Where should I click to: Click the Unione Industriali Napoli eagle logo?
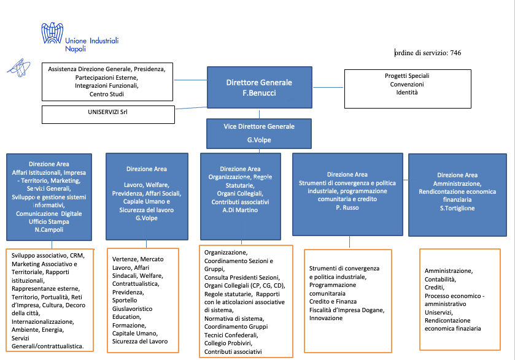(53, 38)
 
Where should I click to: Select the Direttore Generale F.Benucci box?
(259, 88)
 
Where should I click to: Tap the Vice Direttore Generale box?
(258, 132)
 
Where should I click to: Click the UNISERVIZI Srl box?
(108, 113)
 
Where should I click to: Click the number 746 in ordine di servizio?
(455, 53)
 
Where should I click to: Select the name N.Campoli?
(48, 229)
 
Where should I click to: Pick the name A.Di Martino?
(241, 210)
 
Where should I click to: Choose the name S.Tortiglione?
(456, 209)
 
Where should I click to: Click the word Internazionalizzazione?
(42, 321)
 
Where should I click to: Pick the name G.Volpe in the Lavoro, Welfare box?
(146, 218)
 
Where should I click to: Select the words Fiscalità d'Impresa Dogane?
(347, 310)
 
